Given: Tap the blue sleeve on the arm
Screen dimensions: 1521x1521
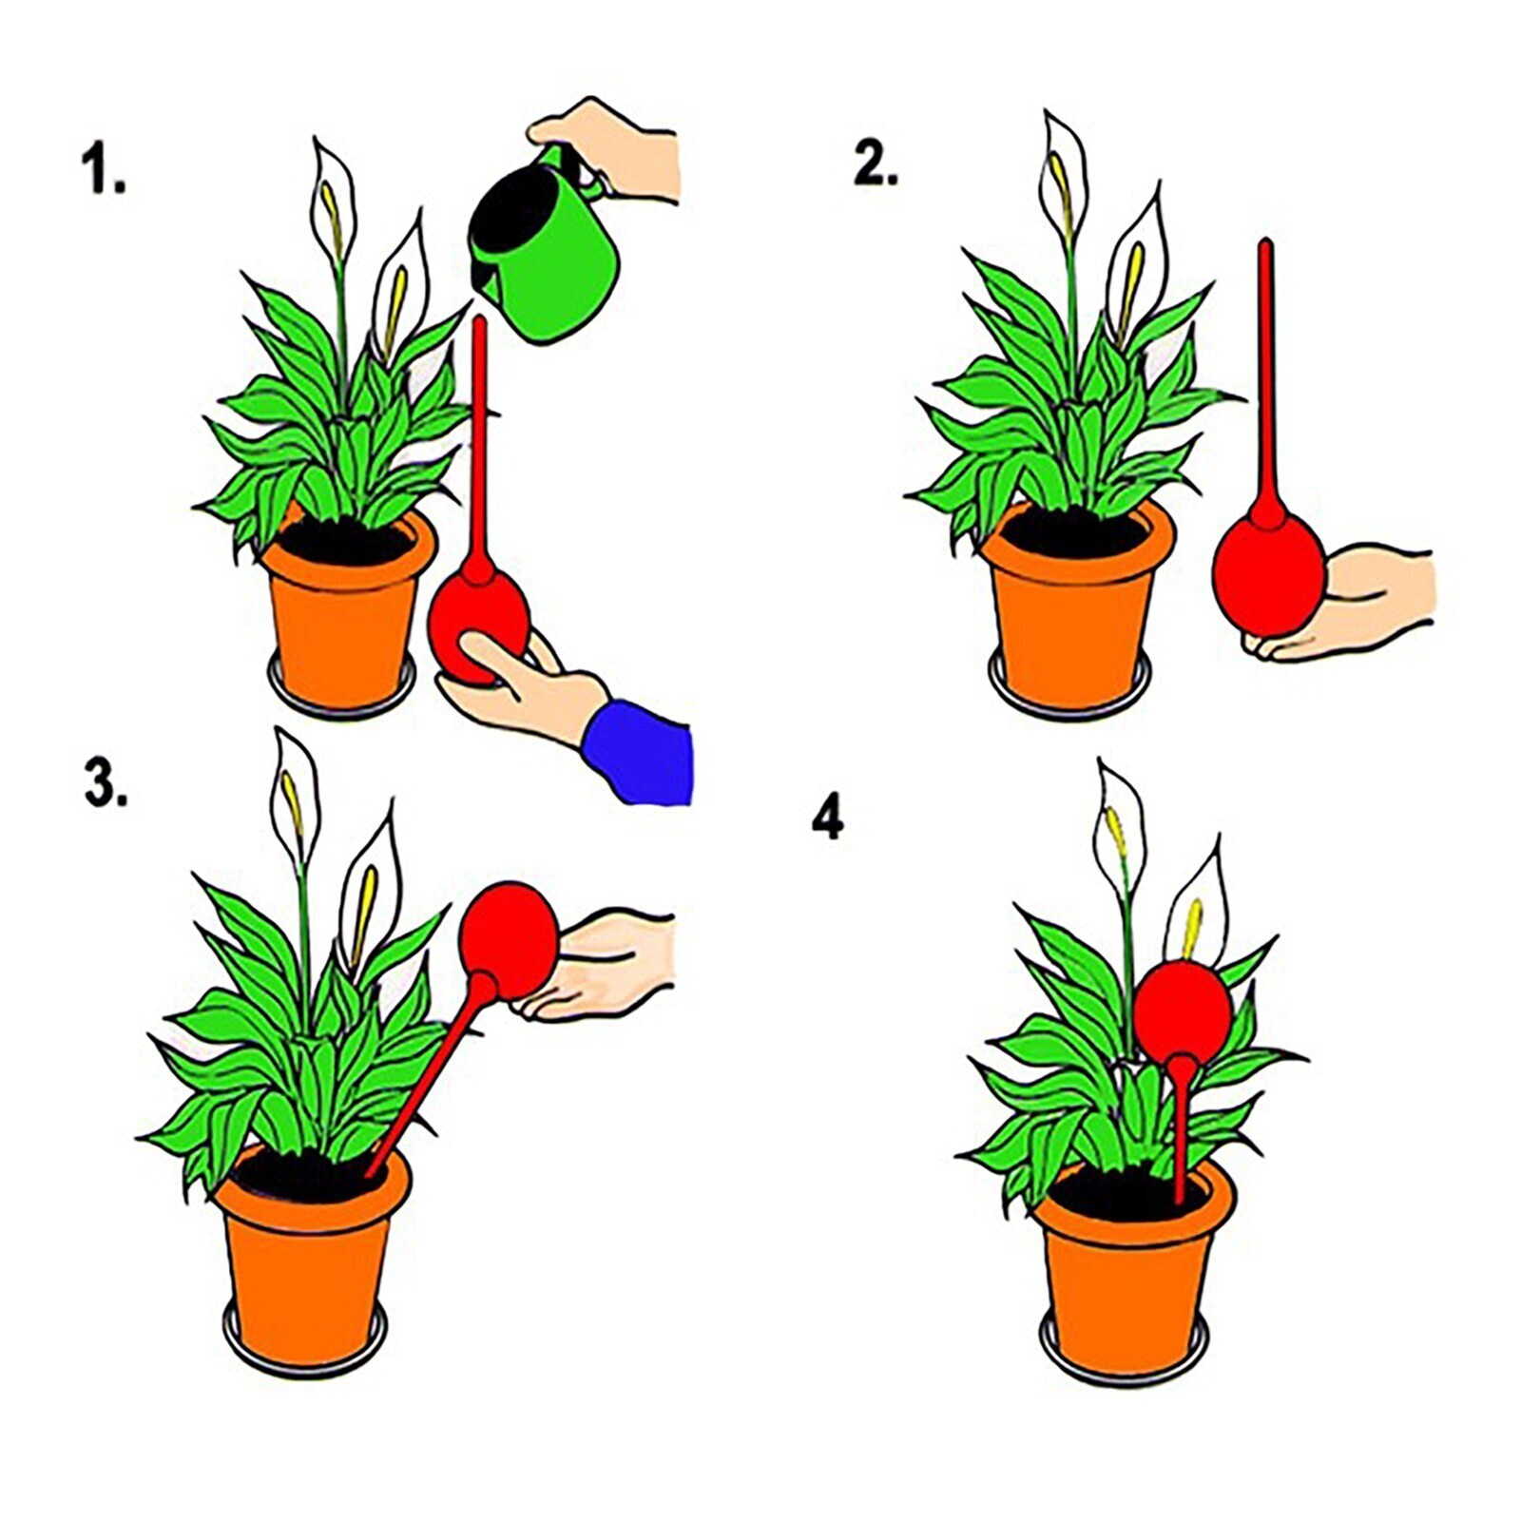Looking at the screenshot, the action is pos(638,752).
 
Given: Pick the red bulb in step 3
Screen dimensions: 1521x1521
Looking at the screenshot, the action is pos(510,942).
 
